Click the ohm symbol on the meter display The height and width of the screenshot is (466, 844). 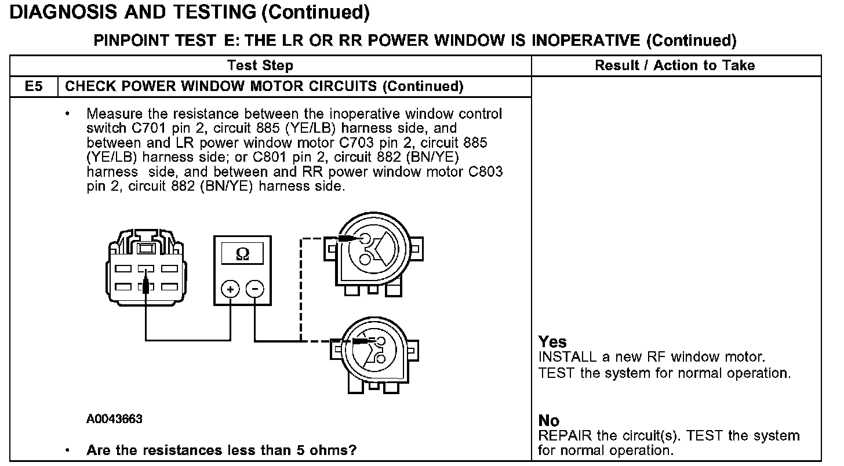243,254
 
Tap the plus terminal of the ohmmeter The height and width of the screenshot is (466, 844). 231,289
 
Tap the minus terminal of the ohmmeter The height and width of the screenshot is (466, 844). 255,289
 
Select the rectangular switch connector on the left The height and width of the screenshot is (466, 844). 145,270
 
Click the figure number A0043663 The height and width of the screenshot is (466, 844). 114,419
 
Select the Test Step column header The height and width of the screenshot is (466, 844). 260,65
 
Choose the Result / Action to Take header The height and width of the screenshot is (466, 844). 675,65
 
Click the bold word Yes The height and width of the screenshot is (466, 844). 552,342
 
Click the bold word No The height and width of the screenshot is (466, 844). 549,421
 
